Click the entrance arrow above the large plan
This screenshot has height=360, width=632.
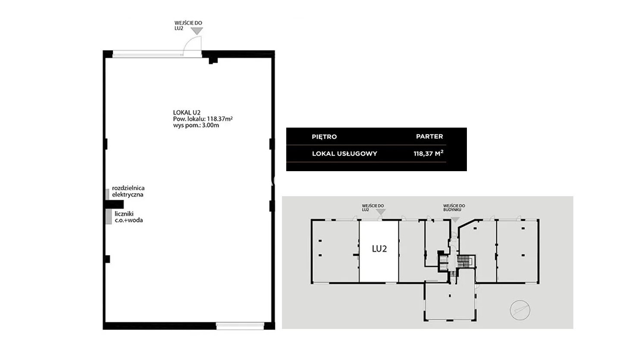(197, 31)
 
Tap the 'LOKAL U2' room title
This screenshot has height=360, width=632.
(187, 112)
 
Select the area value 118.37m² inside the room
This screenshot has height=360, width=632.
(220, 119)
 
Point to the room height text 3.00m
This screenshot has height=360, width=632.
(210, 125)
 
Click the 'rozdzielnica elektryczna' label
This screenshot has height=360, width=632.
(128, 191)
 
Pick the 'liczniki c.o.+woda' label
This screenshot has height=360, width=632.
(128, 217)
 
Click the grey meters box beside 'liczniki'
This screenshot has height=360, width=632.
(109, 217)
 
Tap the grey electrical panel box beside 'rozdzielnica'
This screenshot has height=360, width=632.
(107, 194)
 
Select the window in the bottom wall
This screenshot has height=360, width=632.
(240, 326)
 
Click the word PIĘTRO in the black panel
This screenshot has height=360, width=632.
(324, 137)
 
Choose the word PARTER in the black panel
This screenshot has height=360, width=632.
(429, 137)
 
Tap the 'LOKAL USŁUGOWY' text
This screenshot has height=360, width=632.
(344, 154)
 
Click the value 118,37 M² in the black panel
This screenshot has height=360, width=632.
(429, 153)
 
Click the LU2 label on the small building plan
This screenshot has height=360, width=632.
(379, 249)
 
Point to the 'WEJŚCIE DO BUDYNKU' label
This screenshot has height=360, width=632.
(454, 208)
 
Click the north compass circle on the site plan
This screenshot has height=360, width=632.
(520, 310)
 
